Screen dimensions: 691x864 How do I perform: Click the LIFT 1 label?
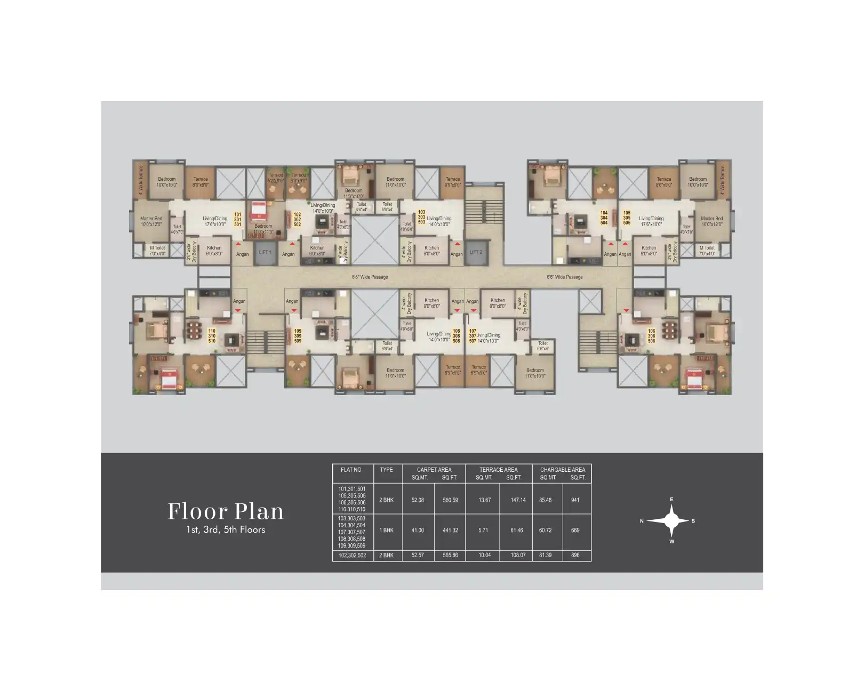click(x=265, y=252)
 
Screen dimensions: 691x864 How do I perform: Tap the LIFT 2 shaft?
click(x=476, y=252)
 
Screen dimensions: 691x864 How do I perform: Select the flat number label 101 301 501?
click(x=238, y=220)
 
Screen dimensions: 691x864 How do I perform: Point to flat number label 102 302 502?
click(x=297, y=220)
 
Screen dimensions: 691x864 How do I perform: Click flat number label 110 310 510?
click(x=212, y=336)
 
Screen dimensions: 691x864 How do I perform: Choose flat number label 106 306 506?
click(x=651, y=336)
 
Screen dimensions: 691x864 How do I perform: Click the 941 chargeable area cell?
click(x=575, y=500)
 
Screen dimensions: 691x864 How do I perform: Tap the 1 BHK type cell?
click(x=386, y=531)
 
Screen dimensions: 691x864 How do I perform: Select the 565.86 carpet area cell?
click(x=450, y=556)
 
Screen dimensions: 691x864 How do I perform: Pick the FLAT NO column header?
click(x=351, y=470)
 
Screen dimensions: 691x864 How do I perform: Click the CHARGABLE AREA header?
click(x=562, y=470)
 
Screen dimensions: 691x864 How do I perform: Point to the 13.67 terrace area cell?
click(x=484, y=500)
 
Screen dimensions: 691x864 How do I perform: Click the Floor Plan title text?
click(x=226, y=511)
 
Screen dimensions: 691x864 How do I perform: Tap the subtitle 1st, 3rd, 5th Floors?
click(x=226, y=530)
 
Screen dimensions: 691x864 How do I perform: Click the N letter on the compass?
click(x=642, y=521)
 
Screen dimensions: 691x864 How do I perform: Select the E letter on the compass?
click(x=671, y=500)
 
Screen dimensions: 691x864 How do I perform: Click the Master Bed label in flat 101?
click(x=151, y=221)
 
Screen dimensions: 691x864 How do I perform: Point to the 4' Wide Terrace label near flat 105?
click(x=723, y=180)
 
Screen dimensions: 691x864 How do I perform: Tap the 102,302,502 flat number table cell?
click(x=352, y=556)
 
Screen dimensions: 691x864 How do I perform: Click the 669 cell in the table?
click(x=575, y=531)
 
